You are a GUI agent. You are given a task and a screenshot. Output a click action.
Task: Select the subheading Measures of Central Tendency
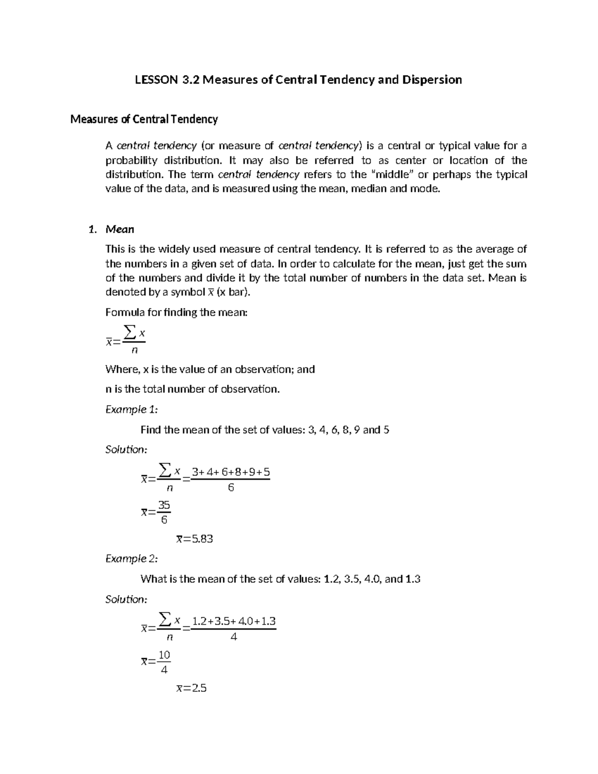tap(144, 119)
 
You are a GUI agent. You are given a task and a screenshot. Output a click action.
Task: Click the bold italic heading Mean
tap(120, 229)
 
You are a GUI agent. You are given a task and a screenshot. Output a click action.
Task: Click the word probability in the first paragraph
tap(131, 160)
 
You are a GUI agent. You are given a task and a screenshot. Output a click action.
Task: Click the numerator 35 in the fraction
tap(164, 505)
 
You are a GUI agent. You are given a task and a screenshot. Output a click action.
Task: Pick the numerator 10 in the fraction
tap(164, 655)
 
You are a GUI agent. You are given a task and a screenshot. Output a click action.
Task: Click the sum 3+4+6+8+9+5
tap(231, 472)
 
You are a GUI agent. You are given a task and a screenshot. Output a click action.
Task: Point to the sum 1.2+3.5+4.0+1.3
tap(234, 621)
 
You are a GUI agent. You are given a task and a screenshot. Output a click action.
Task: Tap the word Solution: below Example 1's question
tap(127, 450)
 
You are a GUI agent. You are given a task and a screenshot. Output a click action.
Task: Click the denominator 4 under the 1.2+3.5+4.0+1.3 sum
tap(234, 637)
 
